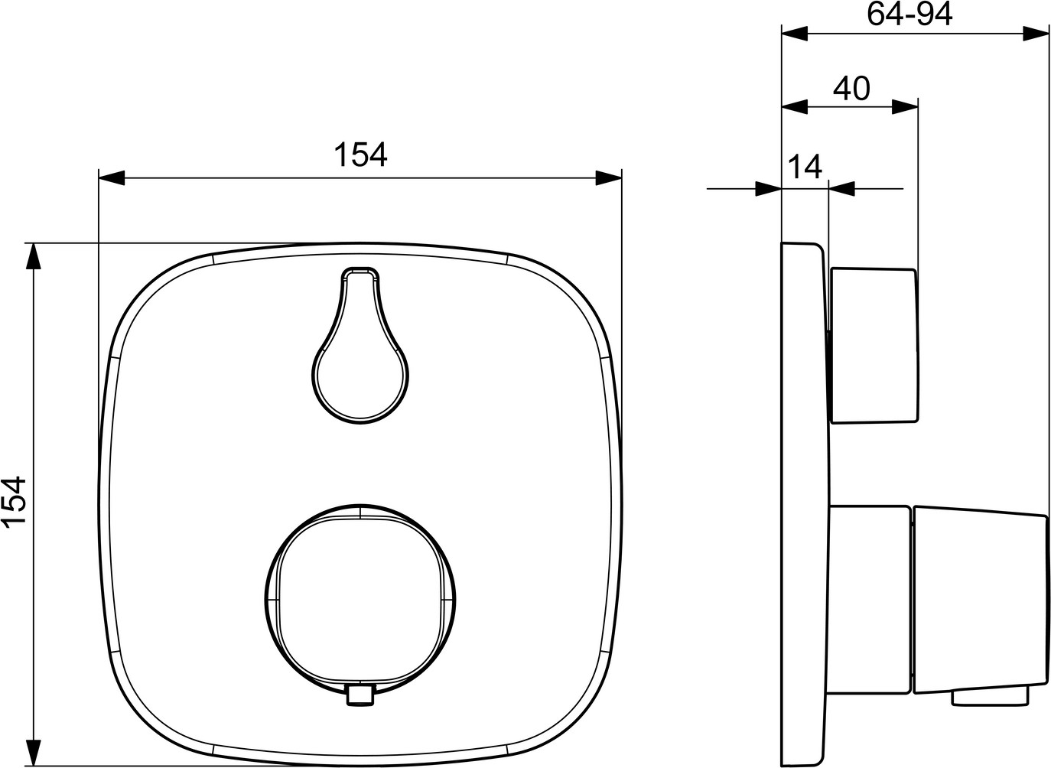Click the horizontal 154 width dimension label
[360, 155]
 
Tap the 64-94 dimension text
[909, 14]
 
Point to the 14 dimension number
[805, 167]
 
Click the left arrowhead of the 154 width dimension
[112, 178]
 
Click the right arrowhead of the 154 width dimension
[609, 178]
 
